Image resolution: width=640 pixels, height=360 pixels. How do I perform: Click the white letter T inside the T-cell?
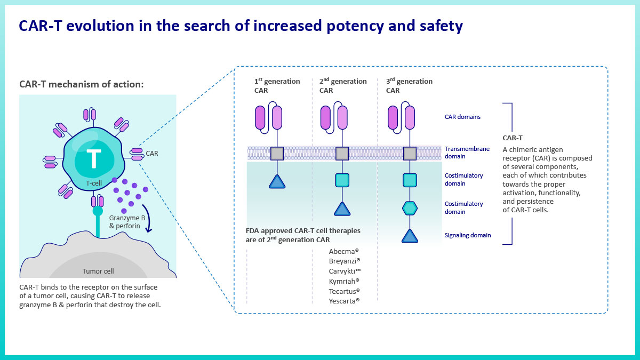[x=94, y=158]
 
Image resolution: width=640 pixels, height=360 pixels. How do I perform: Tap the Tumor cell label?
[x=98, y=271]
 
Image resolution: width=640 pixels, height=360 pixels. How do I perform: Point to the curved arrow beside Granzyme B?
[x=147, y=219]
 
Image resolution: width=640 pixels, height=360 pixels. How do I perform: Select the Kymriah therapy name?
[x=344, y=281]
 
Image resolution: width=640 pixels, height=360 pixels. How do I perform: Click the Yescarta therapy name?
[x=344, y=301]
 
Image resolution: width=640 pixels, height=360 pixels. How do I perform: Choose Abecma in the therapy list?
[x=343, y=251]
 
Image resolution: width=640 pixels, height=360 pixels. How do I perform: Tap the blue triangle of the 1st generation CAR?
[x=277, y=182]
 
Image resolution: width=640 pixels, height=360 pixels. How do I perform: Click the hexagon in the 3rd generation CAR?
[x=410, y=209]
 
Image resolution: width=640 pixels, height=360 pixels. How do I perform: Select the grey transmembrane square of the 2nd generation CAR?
[x=342, y=154]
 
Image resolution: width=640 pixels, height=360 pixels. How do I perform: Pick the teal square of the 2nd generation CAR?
[x=342, y=180]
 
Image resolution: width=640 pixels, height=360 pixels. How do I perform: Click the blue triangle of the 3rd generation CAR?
[x=410, y=236]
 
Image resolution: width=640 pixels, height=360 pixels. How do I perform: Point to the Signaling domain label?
[x=468, y=235]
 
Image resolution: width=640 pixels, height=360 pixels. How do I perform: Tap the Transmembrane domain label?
[x=467, y=153]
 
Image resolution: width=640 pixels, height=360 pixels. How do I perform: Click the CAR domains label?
[x=462, y=117]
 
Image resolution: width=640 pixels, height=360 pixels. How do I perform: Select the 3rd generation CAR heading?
[x=409, y=86]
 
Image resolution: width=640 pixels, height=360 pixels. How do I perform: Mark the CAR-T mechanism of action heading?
[x=82, y=84]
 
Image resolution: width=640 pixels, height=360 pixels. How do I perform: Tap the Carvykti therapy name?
[x=345, y=271]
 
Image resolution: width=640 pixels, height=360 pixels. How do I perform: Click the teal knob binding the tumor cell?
[x=98, y=211]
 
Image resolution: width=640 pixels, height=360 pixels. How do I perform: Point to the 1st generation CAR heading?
[x=277, y=86]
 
